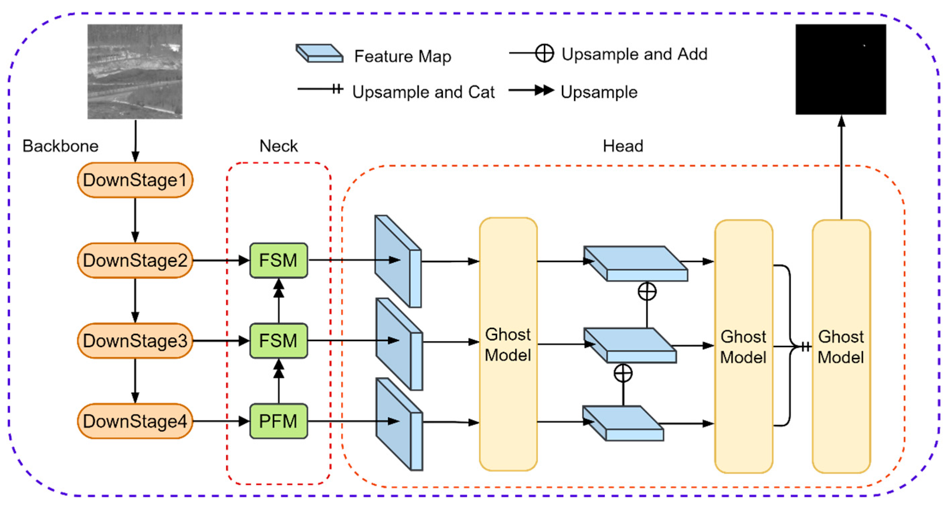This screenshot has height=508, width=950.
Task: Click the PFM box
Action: click(278, 421)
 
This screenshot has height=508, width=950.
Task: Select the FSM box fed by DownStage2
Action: click(278, 260)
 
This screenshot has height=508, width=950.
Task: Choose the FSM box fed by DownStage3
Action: click(278, 341)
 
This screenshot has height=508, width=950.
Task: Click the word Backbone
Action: click(61, 146)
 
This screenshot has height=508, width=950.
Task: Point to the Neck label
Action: click(278, 146)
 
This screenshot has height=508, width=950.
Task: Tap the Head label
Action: click(623, 146)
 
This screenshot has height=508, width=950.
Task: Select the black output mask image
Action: click(841, 69)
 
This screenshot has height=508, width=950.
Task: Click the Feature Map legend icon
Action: click(319, 54)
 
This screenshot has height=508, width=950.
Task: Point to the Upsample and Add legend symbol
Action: click(544, 53)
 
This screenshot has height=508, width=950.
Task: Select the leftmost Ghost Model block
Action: click(508, 344)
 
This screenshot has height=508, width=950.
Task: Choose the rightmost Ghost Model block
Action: click(841, 346)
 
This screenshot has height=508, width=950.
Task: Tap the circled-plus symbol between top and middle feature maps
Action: click(647, 292)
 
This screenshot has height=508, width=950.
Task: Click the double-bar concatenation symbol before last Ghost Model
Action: click(806, 346)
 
